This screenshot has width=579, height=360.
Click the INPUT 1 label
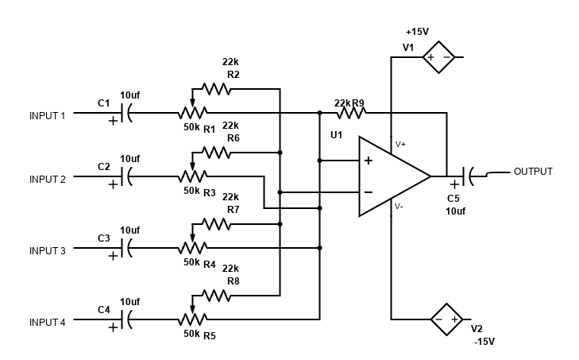coord(48,115)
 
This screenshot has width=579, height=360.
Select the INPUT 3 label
coord(48,251)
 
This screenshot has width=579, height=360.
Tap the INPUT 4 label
coord(48,322)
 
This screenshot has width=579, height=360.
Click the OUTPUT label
coord(533,172)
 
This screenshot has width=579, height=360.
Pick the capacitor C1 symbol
coord(125,113)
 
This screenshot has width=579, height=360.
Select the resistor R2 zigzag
coord(216,88)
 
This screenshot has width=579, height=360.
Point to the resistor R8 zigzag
coord(216,296)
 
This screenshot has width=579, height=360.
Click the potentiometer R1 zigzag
coord(192,113)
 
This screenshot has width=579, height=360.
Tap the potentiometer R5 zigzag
coord(192,319)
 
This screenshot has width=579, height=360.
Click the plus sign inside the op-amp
coord(369,161)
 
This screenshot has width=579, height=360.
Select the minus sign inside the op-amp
coord(369,192)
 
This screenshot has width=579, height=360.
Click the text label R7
coord(234,210)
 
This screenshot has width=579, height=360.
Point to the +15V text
coord(417,32)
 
